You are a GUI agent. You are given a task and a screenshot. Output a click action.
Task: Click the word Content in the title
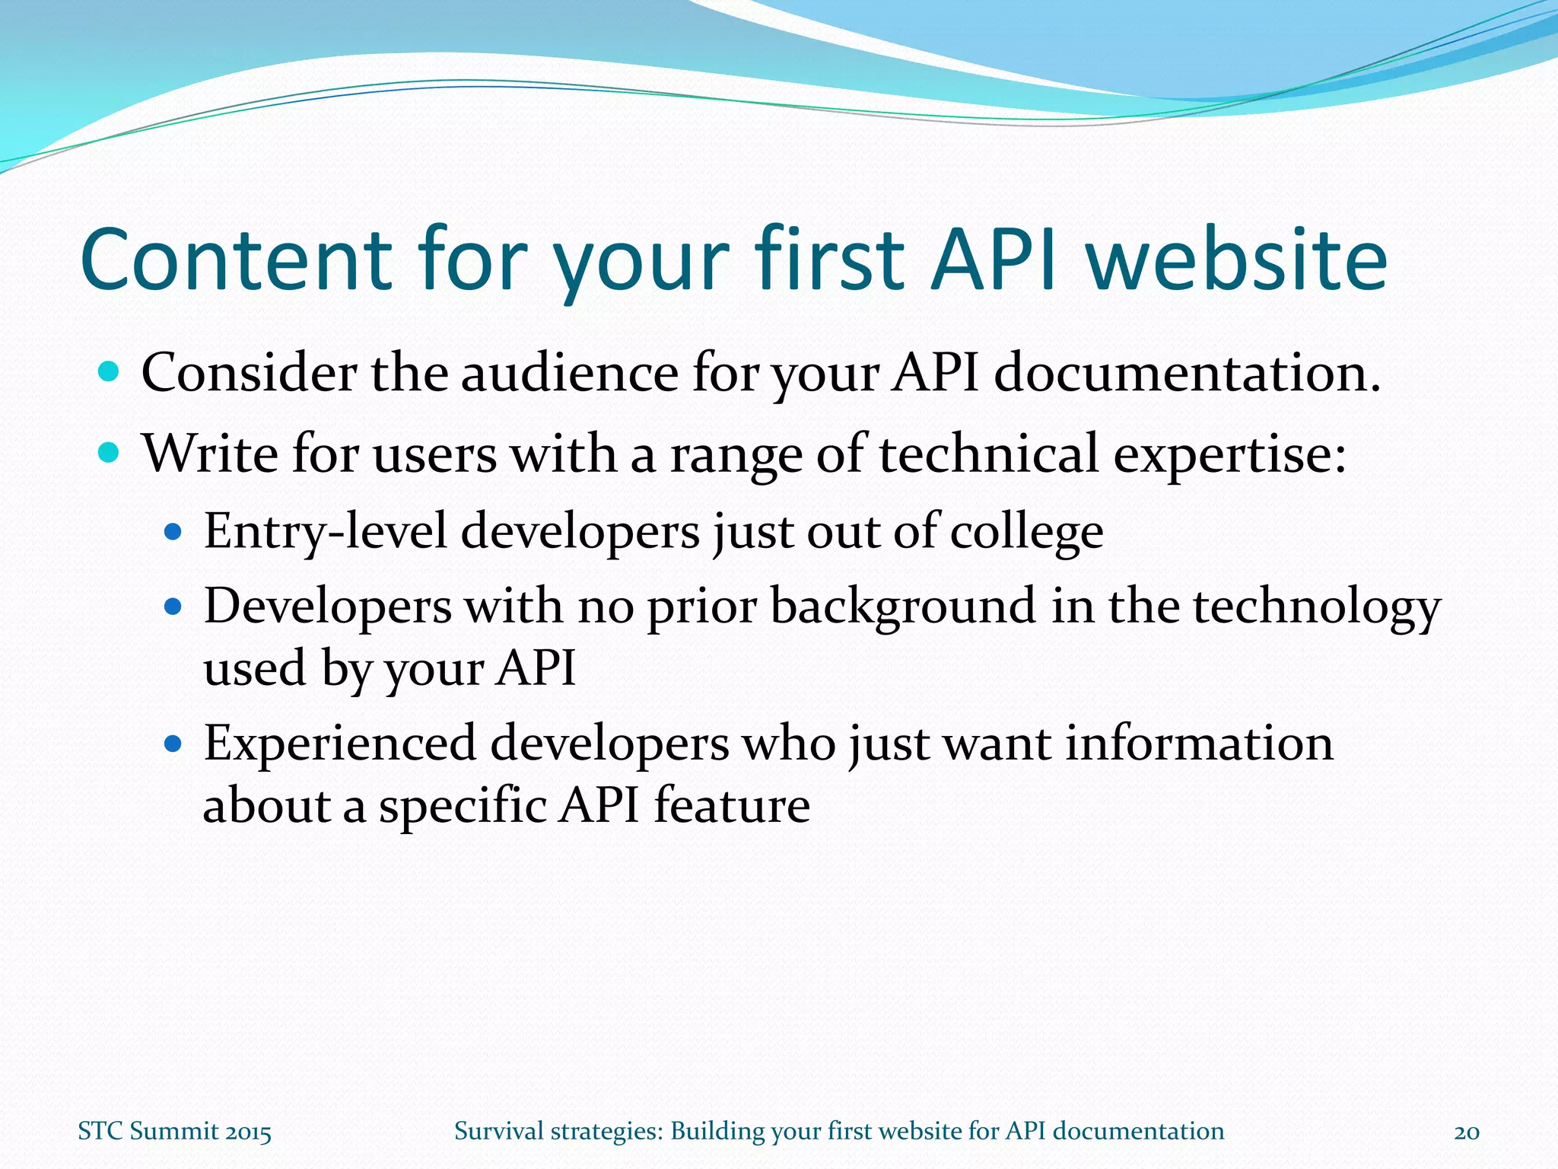click(x=236, y=260)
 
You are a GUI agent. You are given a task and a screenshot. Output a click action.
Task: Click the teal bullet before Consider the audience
click(x=110, y=372)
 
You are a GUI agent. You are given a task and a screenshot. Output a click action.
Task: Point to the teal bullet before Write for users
click(x=110, y=453)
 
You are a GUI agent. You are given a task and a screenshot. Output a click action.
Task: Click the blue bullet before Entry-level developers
click(x=173, y=531)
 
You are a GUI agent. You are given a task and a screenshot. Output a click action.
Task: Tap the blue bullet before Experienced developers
click(x=173, y=744)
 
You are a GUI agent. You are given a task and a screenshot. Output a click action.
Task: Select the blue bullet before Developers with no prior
click(x=173, y=607)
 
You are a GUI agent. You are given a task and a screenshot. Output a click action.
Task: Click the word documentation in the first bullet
click(x=1187, y=374)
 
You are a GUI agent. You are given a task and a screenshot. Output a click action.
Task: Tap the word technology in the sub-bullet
click(x=1316, y=608)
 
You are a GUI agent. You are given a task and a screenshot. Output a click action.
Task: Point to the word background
click(x=902, y=607)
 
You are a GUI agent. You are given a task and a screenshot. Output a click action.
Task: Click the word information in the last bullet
click(x=1199, y=744)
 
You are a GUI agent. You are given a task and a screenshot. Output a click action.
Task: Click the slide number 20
click(x=1467, y=1132)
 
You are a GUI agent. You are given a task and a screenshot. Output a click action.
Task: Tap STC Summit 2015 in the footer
click(x=174, y=1132)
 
